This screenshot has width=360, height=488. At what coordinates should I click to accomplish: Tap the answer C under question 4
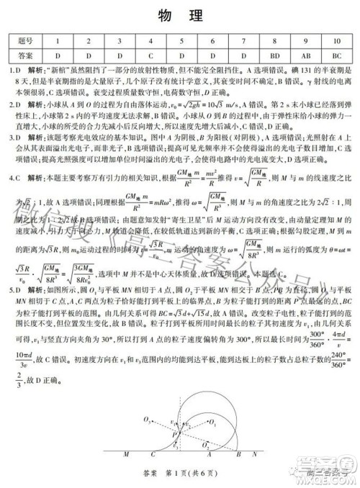pyautogui.click(x=151, y=55)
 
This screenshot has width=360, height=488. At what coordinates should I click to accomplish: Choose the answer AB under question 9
pyautogui.click(x=306, y=55)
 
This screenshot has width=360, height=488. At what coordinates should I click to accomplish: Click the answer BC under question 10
pyautogui.click(x=337, y=55)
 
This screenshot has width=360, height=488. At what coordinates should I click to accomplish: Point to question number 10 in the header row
pyautogui.click(x=337, y=42)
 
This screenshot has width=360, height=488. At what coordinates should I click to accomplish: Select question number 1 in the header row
pyautogui.click(x=58, y=42)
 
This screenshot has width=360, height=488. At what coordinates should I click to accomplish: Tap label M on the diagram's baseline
pyautogui.click(x=127, y=455)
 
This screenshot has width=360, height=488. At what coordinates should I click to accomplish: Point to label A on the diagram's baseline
pyautogui.click(x=209, y=455)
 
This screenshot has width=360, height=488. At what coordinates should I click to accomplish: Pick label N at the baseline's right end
pyautogui.click(x=253, y=455)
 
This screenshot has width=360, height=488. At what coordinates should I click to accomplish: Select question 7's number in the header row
pyautogui.click(x=244, y=42)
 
